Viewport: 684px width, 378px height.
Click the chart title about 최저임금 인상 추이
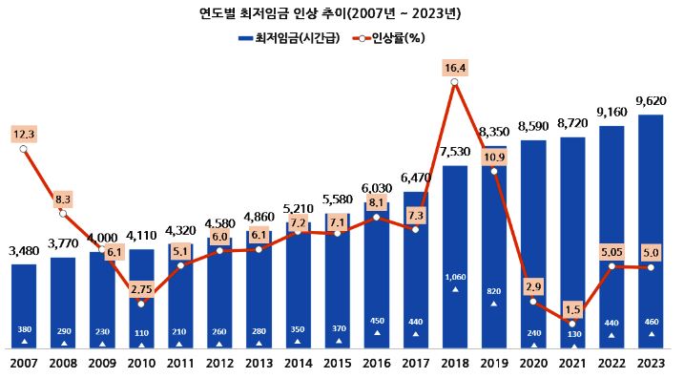point(342,13)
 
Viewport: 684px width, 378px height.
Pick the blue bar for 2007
point(24,305)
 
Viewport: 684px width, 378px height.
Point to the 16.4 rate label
point(455,67)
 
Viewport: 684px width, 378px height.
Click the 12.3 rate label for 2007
point(24,134)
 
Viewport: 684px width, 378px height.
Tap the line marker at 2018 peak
point(455,83)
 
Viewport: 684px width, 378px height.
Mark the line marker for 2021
point(571,324)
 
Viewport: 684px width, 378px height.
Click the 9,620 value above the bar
point(650,98)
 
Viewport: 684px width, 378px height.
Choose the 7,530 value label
point(455,151)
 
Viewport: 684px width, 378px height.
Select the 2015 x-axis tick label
point(338,364)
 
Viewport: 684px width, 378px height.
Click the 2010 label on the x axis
point(141,364)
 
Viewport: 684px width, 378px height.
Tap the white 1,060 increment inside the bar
point(455,278)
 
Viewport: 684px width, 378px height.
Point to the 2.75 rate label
point(141,287)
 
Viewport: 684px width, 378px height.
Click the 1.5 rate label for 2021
point(571,308)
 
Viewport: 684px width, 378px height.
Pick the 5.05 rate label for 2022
point(611,251)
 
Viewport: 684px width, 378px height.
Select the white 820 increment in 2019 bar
point(493,291)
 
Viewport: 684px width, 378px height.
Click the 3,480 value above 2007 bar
point(24,250)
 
